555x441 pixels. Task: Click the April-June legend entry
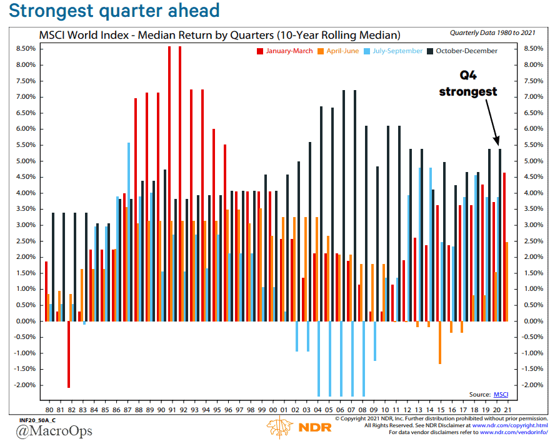[x=337, y=51]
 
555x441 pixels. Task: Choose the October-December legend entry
[x=466, y=51]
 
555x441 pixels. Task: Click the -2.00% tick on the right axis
[x=532, y=385]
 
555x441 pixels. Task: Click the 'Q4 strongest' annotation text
[x=467, y=84]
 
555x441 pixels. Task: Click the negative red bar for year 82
[x=69, y=354]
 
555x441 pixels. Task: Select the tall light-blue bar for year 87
[x=129, y=231]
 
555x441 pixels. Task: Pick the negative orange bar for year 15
[x=440, y=342]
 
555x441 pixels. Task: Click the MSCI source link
[x=501, y=394]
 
